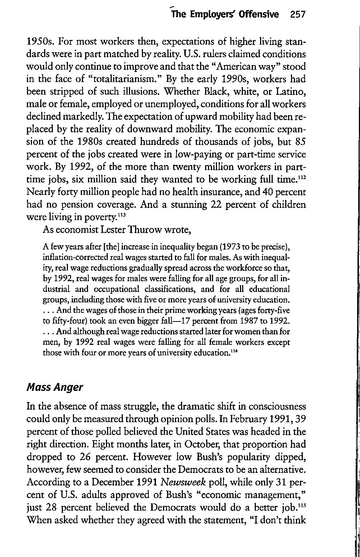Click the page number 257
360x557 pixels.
pyautogui.click(x=297, y=14)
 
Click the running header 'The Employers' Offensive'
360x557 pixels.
pyautogui.click(x=225, y=14)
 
